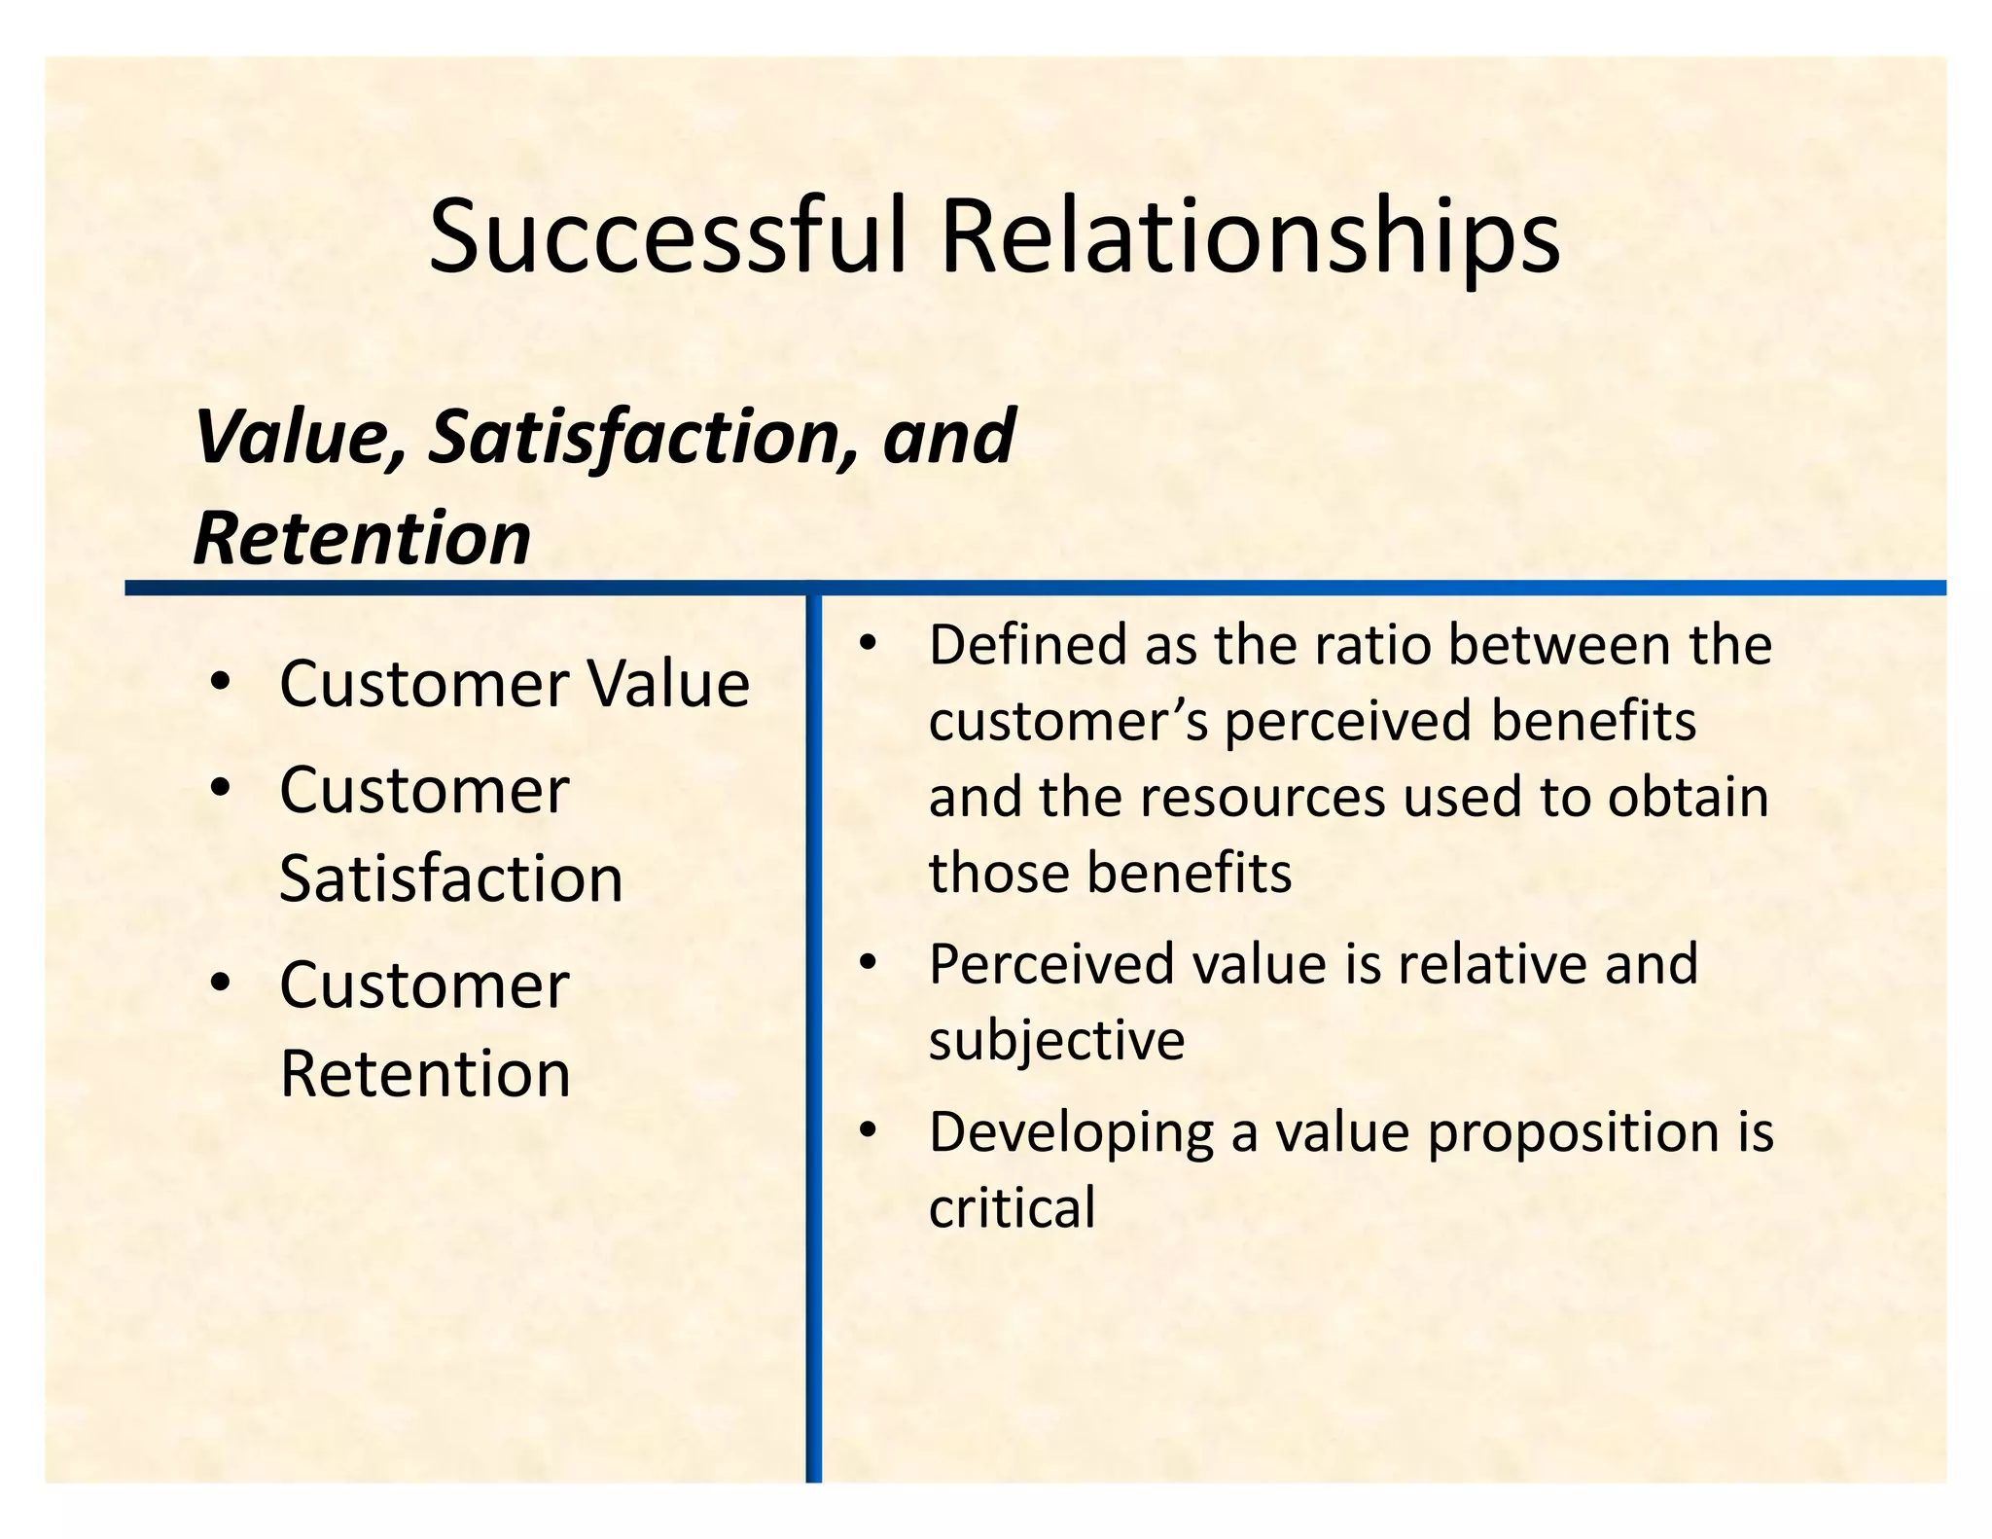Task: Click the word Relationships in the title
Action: pos(1250,237)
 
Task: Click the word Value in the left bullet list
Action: pos(668,684)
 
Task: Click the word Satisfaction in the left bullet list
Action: pos(450,879)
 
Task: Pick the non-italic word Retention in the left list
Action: pos(425,1074)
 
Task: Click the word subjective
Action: pos(1056,1040)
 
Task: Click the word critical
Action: pos(1012,1208)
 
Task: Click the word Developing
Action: pos(1071,1134)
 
